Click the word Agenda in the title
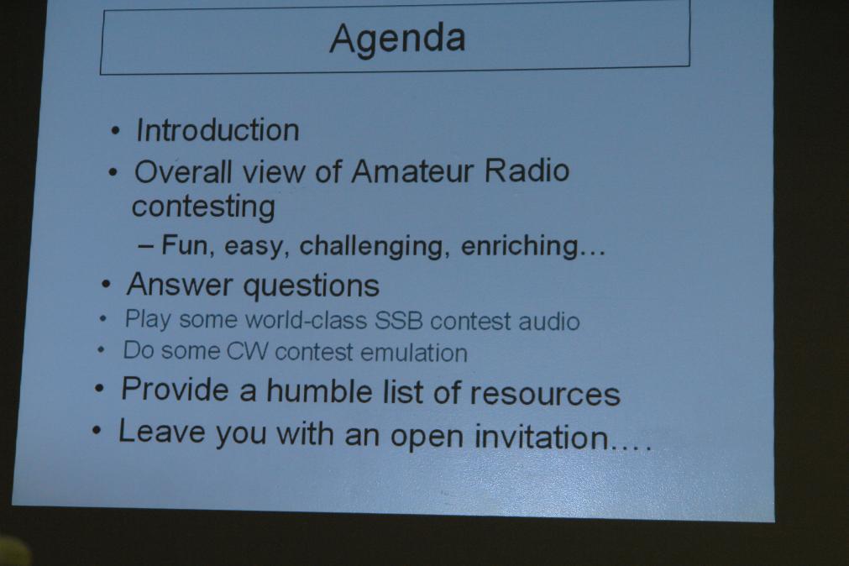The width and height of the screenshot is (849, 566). (397, 39)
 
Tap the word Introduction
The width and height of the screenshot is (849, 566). (217, 130)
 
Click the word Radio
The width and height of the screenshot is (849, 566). (527, 170)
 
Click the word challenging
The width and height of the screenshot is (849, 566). (375, 247)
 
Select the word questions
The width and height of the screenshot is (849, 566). (312, 286)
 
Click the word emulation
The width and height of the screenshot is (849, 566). (414, 353)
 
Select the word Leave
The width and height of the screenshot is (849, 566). (162, 432)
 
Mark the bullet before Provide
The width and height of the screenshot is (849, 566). (99, 388)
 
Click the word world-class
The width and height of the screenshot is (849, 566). (306, 320)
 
